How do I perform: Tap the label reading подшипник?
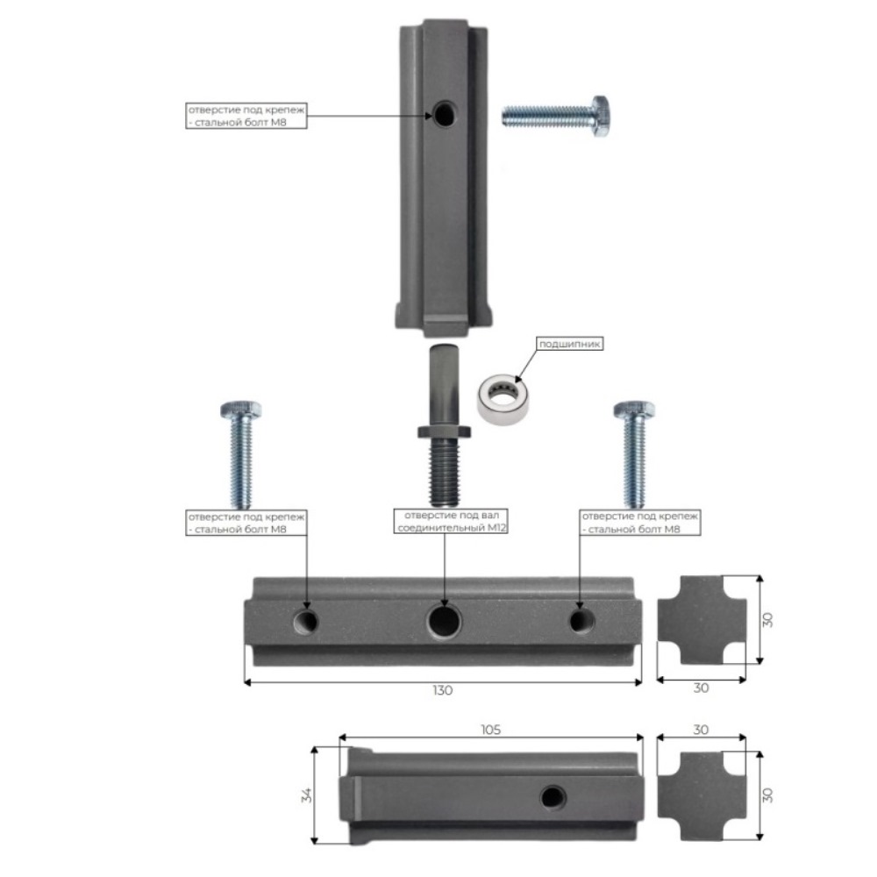click(x=569, y=344)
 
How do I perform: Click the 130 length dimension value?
click(x=442, y=690)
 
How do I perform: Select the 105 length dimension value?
click(x=490, y=730)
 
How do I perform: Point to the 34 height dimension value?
click(x=307, y=795)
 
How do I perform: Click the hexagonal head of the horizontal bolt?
click(x=601, y=116)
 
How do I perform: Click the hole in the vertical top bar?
click(x=444, y=113)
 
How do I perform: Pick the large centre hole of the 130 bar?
click(x=444, y=621)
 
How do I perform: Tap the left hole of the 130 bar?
click(x=306, y=621)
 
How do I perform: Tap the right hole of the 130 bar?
click(x=581, y=620)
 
